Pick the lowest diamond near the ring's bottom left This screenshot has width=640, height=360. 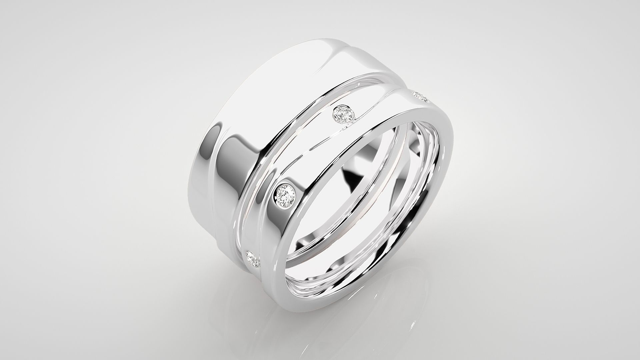[x=253, y=259]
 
